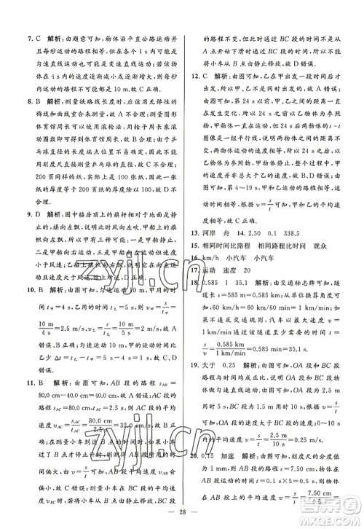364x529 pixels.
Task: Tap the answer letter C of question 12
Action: pyautogui.click(x=207, y=74)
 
